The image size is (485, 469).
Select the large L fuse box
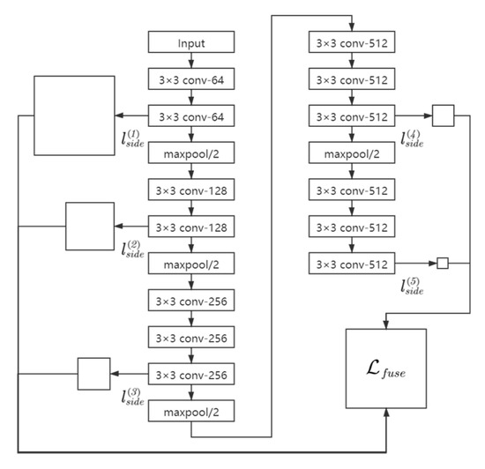387,368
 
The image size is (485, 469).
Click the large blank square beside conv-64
73,116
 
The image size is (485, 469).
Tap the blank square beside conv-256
93,374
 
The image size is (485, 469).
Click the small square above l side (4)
443,115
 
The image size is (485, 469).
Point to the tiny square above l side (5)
444,263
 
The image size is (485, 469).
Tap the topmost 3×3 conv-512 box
351,41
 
